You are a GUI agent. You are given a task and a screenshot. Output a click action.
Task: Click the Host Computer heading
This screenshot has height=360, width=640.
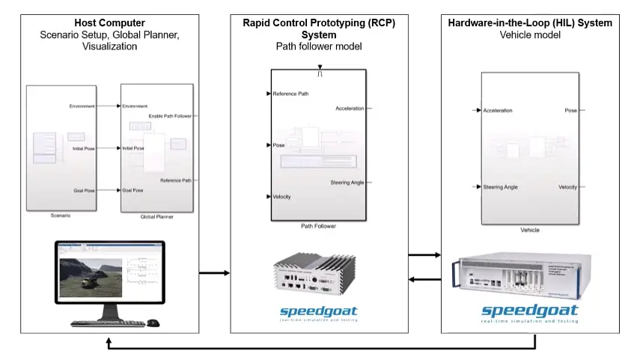[109, 22]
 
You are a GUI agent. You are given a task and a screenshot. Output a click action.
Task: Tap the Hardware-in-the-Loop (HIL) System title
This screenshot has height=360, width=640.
[529, 23]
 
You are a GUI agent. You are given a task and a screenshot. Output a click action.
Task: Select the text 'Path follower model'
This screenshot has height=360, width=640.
[320, 46]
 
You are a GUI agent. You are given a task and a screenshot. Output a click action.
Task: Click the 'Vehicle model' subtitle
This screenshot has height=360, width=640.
[529, 34]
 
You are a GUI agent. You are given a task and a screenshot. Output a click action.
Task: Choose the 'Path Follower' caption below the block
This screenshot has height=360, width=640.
[319, 225]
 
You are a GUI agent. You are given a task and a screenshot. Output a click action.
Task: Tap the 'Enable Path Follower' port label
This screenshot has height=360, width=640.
[170, 116]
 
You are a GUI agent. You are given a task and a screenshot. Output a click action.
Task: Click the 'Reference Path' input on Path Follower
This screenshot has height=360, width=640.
[290, 94]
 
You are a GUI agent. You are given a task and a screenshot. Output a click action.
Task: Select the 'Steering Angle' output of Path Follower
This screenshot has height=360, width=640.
[347, 183]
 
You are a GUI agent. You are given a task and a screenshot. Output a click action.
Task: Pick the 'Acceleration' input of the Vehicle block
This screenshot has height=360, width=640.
[498, 111]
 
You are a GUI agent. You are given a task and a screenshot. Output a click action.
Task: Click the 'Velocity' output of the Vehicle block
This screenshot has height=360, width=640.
[567, 187]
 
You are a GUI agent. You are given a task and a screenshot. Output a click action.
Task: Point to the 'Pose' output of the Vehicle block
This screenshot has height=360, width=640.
[570, 111]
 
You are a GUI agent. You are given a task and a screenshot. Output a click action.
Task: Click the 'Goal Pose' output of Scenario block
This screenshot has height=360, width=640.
[84, 191]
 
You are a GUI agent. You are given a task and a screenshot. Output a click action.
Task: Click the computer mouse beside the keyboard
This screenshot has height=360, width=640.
[153, 323]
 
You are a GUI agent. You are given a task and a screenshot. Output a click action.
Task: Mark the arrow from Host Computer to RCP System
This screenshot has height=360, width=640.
[214, 273]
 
